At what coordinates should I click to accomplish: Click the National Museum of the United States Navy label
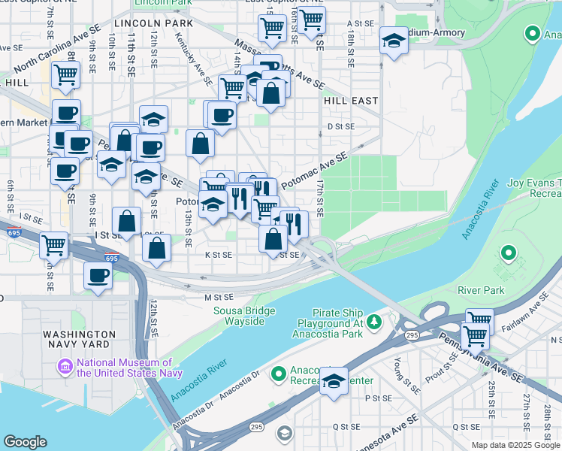[x=125, y=368]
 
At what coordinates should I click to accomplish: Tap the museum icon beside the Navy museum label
[x=65, y=368]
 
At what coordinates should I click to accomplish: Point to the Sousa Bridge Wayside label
[x=239, y=316]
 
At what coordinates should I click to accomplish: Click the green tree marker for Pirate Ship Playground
[x=373, y=322]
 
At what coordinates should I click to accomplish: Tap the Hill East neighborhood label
[x=350, y=100]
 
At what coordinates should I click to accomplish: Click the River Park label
[x=484, y=289]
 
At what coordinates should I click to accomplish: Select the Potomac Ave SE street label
[x=314, y=171]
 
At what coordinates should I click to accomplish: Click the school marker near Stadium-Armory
[x=394, y=41]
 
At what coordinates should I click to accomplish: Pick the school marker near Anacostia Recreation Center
[x=334, y=380]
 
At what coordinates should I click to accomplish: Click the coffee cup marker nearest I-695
[x=98, y=277]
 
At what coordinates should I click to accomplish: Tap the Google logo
[x=25, y=442]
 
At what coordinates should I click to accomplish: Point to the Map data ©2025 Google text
[x=515, y=445]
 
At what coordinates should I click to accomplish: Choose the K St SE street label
[x=219, y=255]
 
